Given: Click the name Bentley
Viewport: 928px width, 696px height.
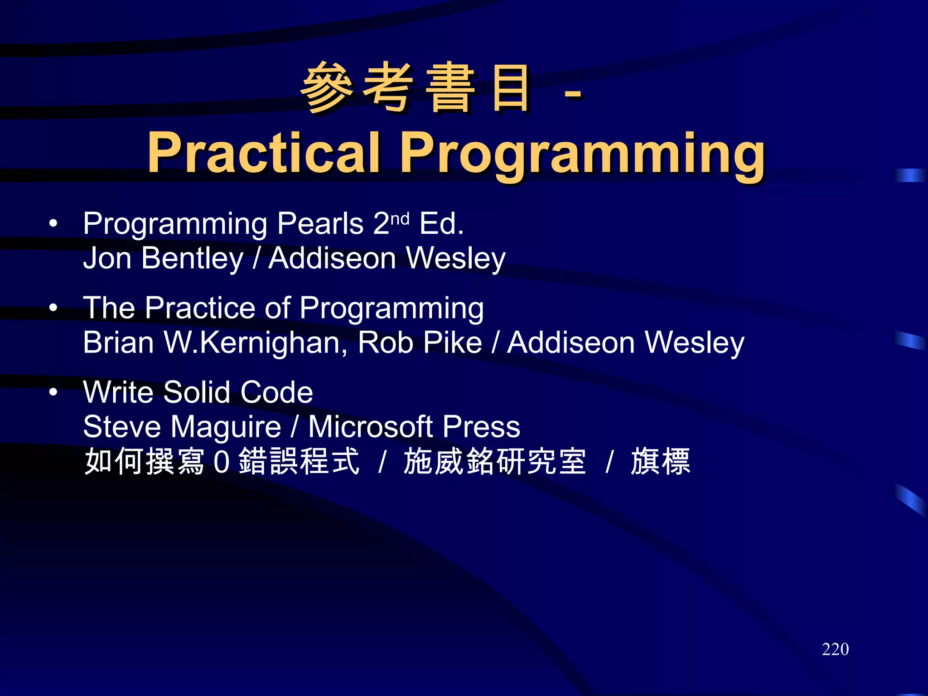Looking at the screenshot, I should tap(192, 258).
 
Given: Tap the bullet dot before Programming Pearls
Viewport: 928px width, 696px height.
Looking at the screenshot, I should tap(53, 223).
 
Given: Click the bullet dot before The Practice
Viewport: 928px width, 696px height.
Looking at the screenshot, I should tap(53, 308).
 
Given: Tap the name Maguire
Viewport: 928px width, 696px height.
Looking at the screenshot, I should tap(226, 427).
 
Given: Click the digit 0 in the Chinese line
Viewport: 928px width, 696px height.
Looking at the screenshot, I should tap(222, 462).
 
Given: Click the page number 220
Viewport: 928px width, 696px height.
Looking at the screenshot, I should tap(835, 649).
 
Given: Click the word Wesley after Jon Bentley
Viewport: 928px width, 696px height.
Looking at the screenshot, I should tap(456, 258).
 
